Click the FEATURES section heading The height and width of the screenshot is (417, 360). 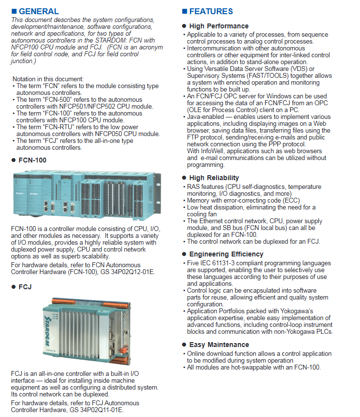point(211,11)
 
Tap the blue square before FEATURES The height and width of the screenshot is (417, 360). point(185,11)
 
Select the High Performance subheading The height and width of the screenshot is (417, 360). point(218,26)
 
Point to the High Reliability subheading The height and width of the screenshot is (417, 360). point(214,178)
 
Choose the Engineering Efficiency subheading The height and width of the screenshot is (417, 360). point(226,254)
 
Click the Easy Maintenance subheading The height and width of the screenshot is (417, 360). point(219,345)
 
